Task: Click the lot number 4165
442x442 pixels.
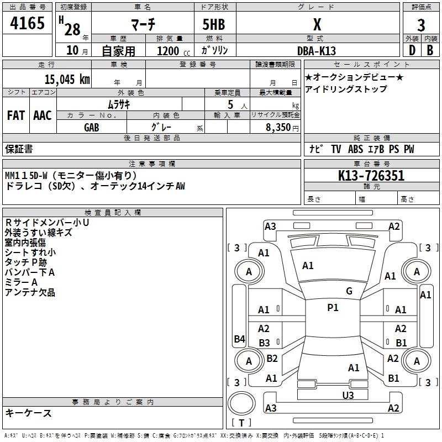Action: [x=27, y=24]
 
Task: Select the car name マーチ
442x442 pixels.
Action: [x=143, y=25]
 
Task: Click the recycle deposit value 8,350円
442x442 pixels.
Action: [x=282, y=127]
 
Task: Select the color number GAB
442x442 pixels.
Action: [x=92, y=127]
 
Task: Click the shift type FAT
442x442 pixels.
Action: [x=15, y=115]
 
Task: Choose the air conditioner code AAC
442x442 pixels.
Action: [x=43, y=115]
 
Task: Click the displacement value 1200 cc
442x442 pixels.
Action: [x=167, y=51]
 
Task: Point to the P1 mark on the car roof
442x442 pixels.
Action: [x=333, y=308]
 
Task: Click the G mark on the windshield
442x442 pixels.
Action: [x=349, y=291]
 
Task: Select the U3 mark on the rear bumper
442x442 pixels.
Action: [x=348, y=395]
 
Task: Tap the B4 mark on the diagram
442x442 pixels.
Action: [x=239, y=339]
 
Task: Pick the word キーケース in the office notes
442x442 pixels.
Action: [x=28, y=413]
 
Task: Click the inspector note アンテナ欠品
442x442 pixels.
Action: [x=30, y=292]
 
